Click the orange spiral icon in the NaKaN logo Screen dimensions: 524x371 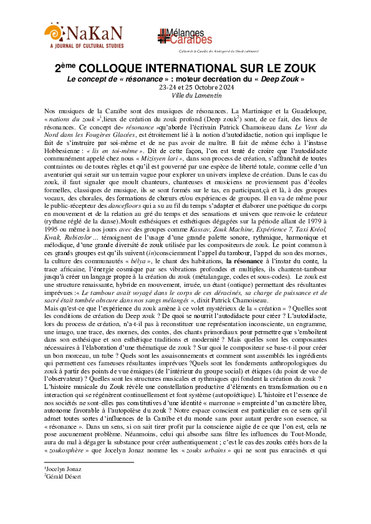coord(53,30)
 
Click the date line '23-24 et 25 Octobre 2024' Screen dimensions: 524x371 coord(185,87)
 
